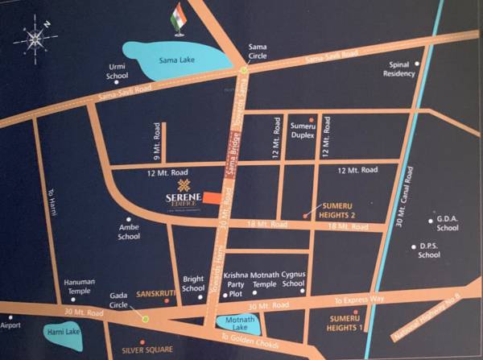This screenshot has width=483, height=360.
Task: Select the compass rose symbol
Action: tap(35, 39)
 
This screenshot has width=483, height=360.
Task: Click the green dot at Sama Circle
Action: tap(244, 70)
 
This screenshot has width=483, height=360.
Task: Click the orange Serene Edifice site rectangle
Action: tap(213, 197)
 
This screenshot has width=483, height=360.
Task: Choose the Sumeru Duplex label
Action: tap(303, 131)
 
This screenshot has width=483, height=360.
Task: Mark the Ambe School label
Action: tap(129, 232)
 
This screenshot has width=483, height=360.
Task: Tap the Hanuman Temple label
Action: tap(80, 286)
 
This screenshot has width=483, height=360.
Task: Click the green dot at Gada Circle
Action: tap(146, 320)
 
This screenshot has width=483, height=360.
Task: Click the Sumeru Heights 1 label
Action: tap(344, 323)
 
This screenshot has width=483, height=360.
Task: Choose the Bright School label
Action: tap(193, 283)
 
